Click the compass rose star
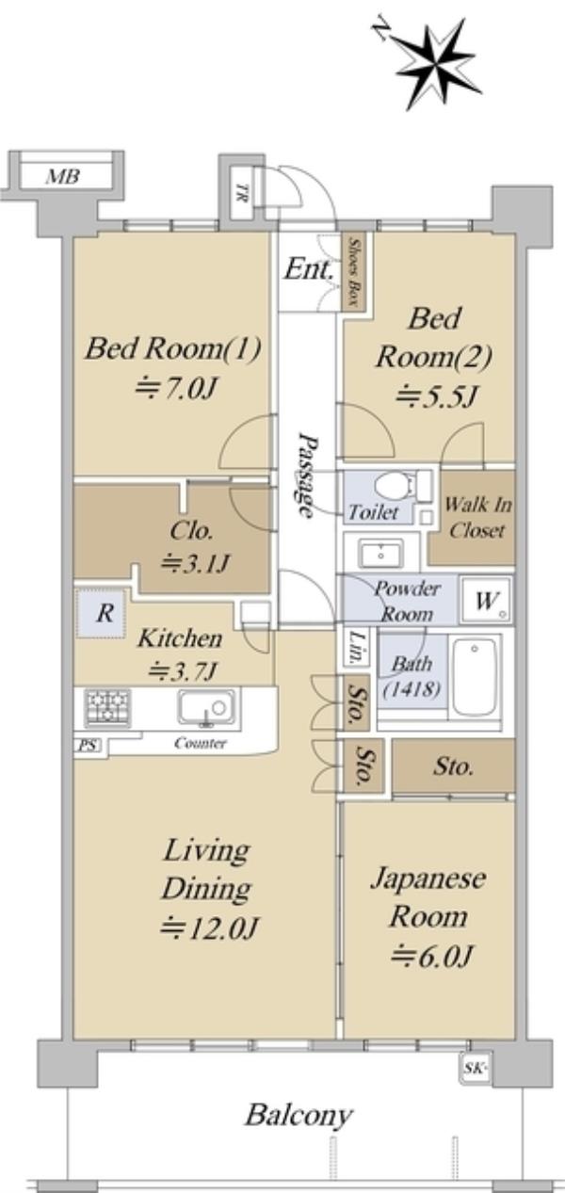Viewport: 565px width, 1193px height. click(436, 66)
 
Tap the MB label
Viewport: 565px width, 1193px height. click(63, 176)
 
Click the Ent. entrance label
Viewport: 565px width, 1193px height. click(308, 269)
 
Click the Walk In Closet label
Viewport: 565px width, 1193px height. click(476, 517)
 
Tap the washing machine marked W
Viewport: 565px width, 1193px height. click(486, 599)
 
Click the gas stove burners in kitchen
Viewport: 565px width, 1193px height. click(108, 708)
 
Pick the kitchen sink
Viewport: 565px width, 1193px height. click(205, 708)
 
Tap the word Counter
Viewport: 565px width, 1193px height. click(201, 743)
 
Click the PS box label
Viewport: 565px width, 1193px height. click(87, 745)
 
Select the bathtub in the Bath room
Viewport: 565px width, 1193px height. click(476, 676)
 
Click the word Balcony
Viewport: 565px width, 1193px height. click(299, 1114)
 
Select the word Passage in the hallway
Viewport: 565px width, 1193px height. click(307, 475)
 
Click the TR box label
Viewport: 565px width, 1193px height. click(242, 193)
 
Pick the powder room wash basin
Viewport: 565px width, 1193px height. click(380, 554)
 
